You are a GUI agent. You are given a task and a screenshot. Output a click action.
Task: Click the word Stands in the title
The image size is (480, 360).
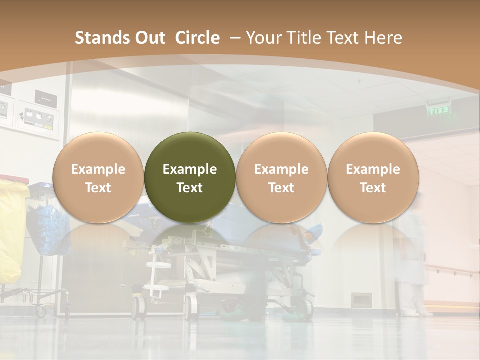[x=102, y=38]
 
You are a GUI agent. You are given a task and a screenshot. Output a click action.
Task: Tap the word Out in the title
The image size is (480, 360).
[x=149, y=38]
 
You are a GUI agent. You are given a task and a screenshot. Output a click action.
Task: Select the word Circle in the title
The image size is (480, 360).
[x=197, y=38]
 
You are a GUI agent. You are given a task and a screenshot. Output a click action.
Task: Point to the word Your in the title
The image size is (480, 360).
[x=265, y=38]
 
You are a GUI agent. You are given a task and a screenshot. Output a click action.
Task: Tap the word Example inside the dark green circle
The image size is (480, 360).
[x=190, y=169]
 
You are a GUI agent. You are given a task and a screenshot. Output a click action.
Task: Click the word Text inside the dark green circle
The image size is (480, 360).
[x=190, y=188]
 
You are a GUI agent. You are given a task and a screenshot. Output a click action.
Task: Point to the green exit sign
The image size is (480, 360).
[x=438, y=110]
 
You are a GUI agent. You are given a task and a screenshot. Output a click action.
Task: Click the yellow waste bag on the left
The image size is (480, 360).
[x=11, y=230]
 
